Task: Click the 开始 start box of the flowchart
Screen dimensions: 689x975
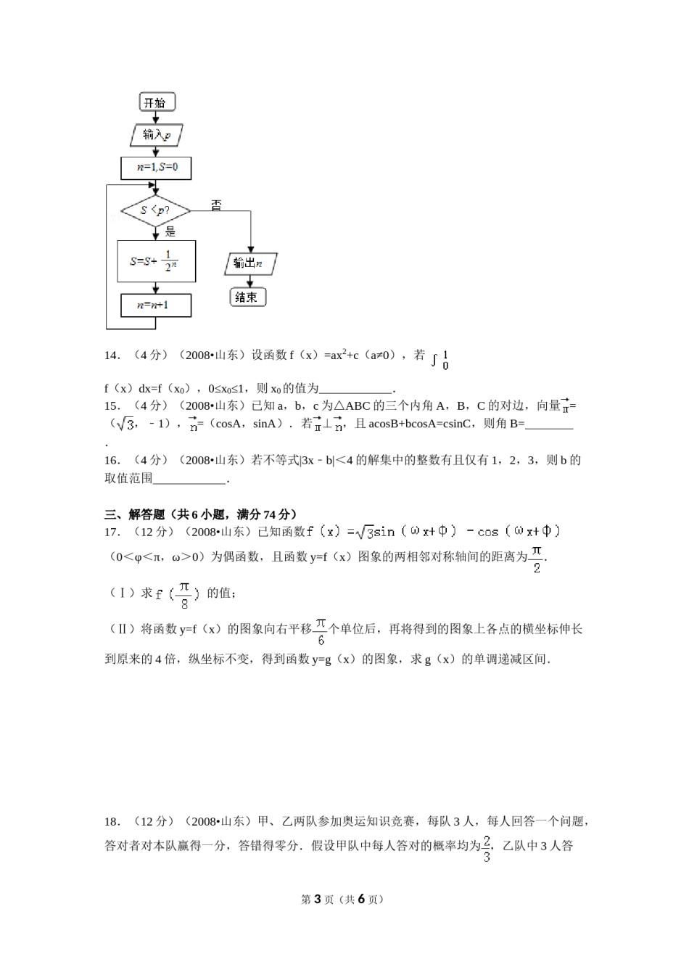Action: [x=157, y=102]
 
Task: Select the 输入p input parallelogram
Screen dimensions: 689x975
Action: [x=157, y=135]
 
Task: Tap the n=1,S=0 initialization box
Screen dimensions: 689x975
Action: [x=157, y=168]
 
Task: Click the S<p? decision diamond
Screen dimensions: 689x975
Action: [x=155, y=210]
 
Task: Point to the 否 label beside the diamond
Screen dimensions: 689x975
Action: [x=216, y=205]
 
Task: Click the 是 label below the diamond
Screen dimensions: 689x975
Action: [x=170, y=231]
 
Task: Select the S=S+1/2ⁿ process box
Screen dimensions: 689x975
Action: [x=157, y=261]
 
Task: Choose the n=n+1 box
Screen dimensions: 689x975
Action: [x=157, y=305]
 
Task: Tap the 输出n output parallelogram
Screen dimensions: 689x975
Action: [x=250, y=263]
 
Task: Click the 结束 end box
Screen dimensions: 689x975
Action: [x=247, y=297]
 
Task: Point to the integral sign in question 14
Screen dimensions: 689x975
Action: [x=434, y=359]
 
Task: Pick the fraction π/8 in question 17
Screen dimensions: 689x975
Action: [x=184, y=594]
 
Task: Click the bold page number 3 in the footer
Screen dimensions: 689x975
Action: [x=316, y=899]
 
